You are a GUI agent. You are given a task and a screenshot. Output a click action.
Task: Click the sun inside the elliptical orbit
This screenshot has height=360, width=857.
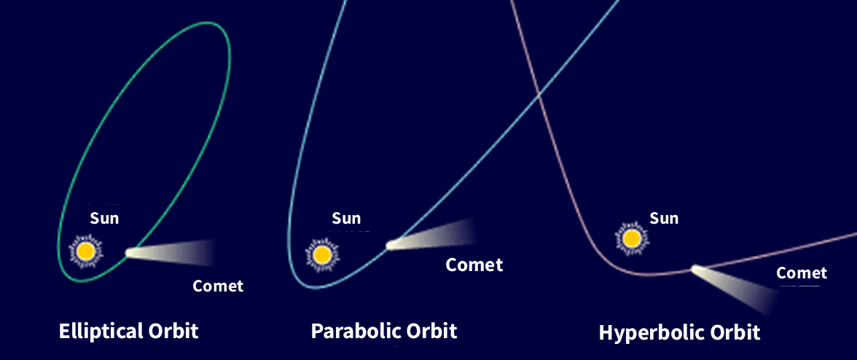[x=85, y=251]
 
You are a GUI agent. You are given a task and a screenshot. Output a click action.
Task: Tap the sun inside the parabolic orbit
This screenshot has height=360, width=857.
[x=322, y=254]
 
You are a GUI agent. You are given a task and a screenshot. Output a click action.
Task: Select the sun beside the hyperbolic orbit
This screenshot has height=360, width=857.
[x=632, y=238]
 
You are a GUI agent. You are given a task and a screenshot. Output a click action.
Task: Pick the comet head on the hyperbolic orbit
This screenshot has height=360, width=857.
[x=697, y=269]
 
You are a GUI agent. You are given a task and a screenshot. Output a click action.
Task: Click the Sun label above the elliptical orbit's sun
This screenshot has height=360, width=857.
[x=104, y=219]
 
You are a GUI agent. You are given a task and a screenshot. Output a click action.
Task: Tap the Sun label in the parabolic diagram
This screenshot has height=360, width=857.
[x=347, y=219]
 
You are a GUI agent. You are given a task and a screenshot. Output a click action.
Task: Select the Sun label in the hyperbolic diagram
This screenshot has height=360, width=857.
[x=664, y=219]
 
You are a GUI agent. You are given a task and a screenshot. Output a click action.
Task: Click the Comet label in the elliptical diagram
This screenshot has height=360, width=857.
[x=218, y=285]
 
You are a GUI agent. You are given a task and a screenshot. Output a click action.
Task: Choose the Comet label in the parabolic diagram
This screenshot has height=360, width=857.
[x=474, y=265]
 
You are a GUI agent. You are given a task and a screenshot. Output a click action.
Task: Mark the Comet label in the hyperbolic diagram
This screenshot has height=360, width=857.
[x=802, y=273]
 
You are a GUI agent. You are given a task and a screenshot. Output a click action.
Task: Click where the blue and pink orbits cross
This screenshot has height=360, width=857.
[x=539, y=94]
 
